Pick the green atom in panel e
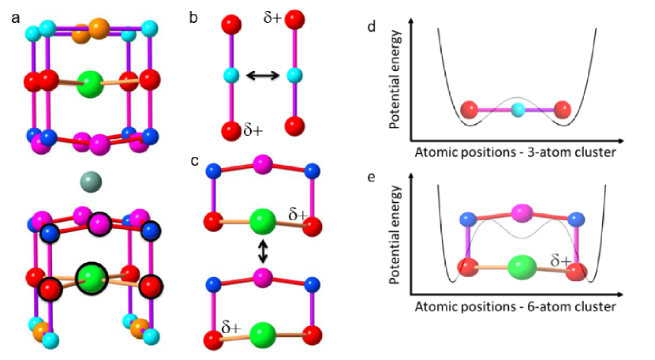click(x=519, y=265)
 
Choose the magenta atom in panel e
click(x=520, y=213)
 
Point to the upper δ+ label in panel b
click(x=272, y=16)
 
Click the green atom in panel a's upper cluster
click(x=92, y=82)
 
